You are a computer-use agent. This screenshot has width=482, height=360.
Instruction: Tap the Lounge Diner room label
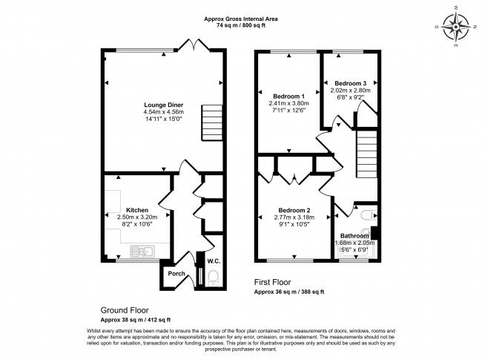point(163,105)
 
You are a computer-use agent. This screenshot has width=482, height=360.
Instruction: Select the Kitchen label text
point(137,210)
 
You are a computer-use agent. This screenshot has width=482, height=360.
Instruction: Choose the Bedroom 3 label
point(350,82)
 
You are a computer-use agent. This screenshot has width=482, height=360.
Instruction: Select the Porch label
point(176,273)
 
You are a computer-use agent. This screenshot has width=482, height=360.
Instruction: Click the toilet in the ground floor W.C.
point(214,278)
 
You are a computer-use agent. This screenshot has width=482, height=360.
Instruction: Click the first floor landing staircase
point(366,153)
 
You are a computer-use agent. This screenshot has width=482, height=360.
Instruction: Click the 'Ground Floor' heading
point(125,310)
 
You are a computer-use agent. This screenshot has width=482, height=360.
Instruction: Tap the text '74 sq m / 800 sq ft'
point(240,24)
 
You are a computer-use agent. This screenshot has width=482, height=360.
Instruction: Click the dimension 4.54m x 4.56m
point(163,112)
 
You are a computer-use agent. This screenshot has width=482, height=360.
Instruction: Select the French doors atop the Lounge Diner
point(195,47)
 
